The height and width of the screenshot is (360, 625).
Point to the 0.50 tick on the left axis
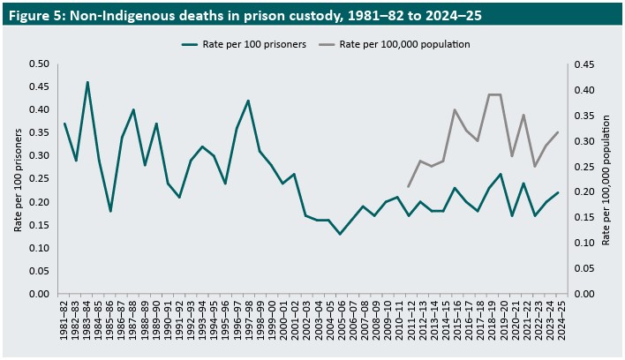(x=38, y=64)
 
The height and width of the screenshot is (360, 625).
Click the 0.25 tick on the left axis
(x=38, y=179)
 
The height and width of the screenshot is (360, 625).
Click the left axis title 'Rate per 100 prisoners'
(x=18, y=178)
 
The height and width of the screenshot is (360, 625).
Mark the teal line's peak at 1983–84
(x=87, y=82)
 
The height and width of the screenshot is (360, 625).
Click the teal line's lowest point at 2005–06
(x=340, y=234)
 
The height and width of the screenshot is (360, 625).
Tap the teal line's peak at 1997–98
(x=248, y=101)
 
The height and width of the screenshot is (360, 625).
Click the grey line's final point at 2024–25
(x=558, y=132)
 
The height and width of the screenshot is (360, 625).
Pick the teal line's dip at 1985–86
(x=110, y=211)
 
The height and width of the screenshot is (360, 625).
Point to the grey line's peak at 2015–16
(x=455, y=110)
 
